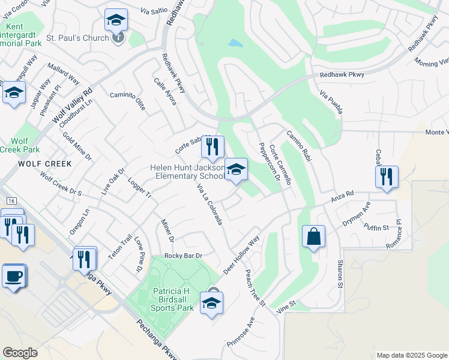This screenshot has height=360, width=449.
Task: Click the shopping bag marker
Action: pos(314,236)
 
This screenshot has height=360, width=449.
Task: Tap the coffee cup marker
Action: pos(14,277)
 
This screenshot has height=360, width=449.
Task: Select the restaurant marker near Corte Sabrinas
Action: pos(212,147)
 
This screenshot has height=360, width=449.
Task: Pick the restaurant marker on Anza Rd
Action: pos(386,176)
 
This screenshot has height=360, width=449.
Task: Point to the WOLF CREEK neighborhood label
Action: pos(44,164)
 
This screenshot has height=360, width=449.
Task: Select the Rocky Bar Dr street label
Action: pos(183,256)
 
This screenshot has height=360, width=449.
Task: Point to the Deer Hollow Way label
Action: pos(241,256)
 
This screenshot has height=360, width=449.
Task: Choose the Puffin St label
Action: pos(376,227)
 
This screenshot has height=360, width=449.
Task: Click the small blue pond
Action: pos(235,43)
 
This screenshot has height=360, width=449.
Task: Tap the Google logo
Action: pos(20,352)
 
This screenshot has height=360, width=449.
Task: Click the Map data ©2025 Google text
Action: pos(411,355)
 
